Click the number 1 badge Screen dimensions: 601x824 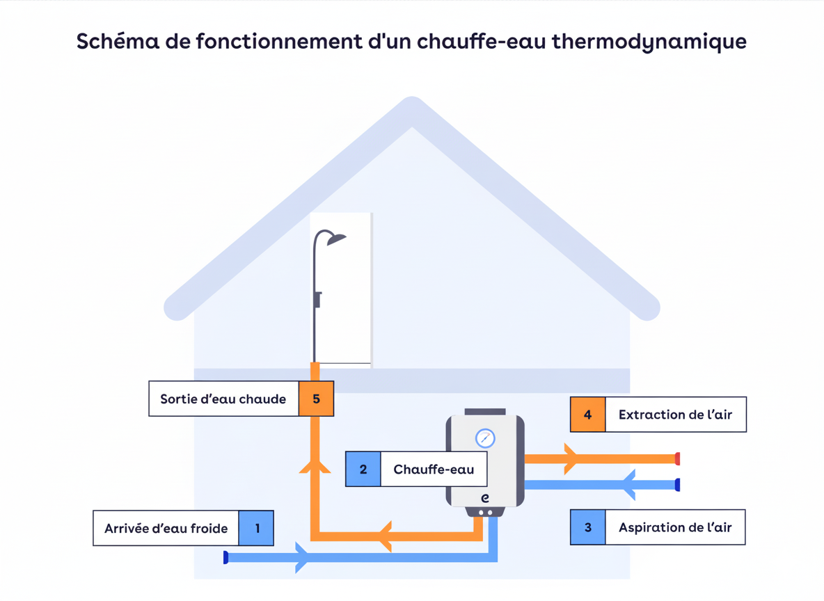(256, 529)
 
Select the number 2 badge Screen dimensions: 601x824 (363, 470)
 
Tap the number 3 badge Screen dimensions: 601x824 (588, 527)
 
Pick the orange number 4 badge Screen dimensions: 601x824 (588, 415)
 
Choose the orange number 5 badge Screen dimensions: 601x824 (317, 399)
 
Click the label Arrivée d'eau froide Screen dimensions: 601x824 (166, 529)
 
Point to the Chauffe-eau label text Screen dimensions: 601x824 (434, 470)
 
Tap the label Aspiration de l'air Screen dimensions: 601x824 (675, 527)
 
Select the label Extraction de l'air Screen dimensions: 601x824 (675, 415)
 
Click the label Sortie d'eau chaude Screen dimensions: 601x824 (223, 399)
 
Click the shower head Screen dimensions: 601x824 (336, 239)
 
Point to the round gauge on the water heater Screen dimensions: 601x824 (485, 438)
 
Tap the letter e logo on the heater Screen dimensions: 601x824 (485, 498)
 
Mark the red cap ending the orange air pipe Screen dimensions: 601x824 (677, 459)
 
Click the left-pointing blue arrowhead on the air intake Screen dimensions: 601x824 (628, 485)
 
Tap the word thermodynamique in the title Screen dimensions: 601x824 (649, 41)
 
